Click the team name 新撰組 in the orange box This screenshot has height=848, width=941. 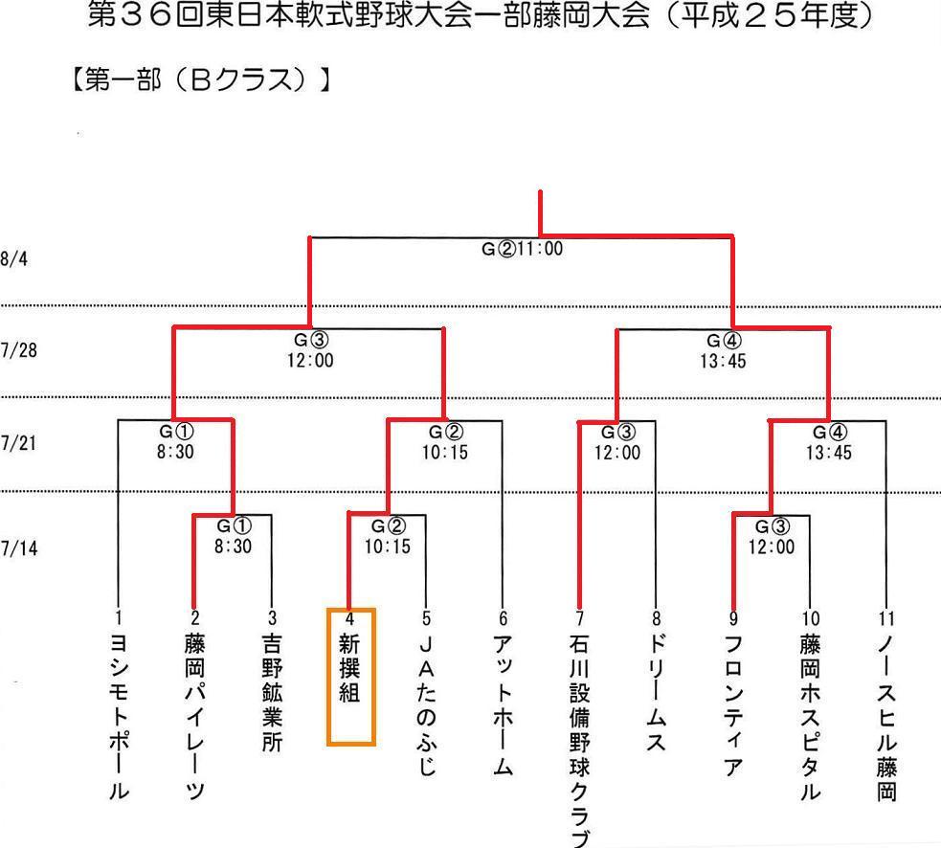(x=349, y=668)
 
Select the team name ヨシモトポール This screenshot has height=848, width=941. (x=119, y=717)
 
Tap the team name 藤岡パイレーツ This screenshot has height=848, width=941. (x=195, y=717)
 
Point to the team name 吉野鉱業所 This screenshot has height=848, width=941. (x=272, y=693)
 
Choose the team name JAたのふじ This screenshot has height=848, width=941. (x=426, y=705)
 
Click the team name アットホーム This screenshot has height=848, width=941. (x=503, y=705)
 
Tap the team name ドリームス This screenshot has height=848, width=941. (x=657, y=693)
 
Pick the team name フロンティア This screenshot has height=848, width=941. (x=733, y=705)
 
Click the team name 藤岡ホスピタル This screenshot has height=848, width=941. (x=810, y=717)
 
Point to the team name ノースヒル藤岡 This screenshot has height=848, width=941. (x=887, y=718)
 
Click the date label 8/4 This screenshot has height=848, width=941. (x=13, y=258)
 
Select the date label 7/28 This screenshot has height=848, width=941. (x=18, y=350)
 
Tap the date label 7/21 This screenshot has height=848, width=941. (x=18, y=443)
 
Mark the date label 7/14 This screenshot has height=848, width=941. (x=18, y=547)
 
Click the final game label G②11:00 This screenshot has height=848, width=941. (x=522, y=249)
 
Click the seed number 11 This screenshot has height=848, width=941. (x=886, y=618)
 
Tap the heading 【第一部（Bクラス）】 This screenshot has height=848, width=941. (x=201, y=79)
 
